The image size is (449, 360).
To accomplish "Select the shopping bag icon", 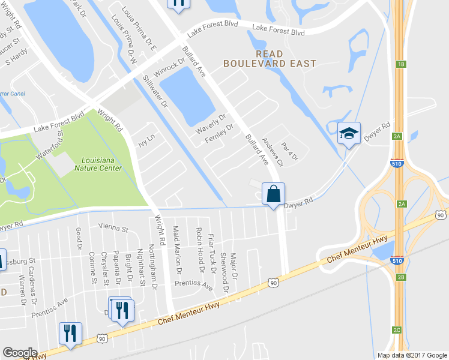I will click(x=273, y=194).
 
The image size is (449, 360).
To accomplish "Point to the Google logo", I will click(x=20, y=353).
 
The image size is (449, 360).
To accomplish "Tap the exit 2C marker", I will click(x=397, y=330).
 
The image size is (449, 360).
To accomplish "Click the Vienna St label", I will click(x=113, y=229).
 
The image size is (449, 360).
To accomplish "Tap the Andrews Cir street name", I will click(x=271, y=151).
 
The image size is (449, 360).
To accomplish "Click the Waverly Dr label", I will click(x=211, y=124).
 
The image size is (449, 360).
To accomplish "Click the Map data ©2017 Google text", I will click(x=411, y=355).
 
